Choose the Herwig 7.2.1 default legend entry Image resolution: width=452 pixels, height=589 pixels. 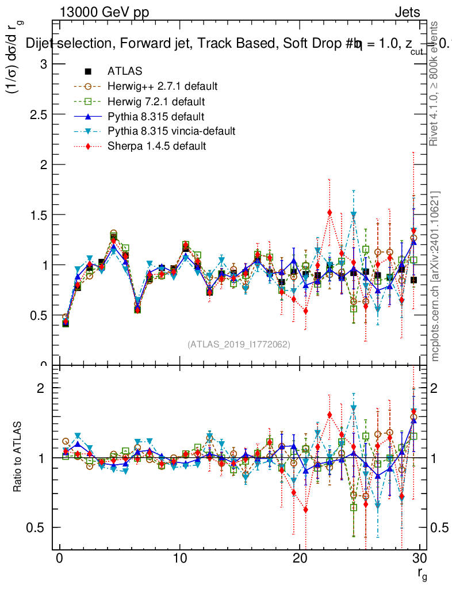[156, 101]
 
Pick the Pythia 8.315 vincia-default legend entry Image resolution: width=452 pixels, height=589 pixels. [171, 131]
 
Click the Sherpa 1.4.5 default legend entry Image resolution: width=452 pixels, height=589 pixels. [156, 146]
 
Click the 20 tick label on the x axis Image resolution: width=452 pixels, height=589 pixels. [300, 559]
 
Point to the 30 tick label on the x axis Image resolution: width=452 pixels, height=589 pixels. [419, 559]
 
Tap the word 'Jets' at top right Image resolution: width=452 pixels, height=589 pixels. [407, 13]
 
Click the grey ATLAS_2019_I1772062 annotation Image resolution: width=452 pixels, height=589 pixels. [239, 344]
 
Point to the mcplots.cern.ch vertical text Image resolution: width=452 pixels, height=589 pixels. [435, 276]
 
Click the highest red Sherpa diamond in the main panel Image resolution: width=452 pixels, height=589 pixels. [330, 213]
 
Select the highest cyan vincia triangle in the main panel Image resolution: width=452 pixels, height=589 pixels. [354, 215]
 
